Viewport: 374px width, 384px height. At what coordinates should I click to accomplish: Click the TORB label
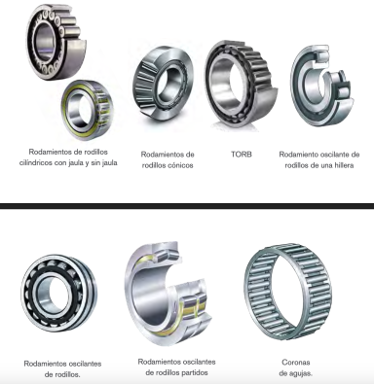tap(242, 155)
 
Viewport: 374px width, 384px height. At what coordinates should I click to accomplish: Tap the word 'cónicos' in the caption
tap(180, 165)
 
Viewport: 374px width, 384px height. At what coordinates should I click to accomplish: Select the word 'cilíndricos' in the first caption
tap(36, 163)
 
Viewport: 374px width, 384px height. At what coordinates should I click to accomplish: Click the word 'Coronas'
tap(296, 362)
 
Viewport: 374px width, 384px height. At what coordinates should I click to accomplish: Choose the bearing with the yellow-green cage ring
tap(88, 109)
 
